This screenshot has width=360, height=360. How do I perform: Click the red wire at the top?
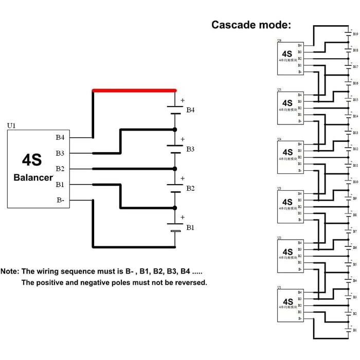click(134, 91)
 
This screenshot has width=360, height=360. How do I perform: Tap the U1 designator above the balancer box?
click(11, 125)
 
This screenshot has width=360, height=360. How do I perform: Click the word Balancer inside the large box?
click(33, 178)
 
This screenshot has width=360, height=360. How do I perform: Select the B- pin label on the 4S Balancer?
click(60, 200)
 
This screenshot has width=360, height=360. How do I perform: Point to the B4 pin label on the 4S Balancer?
click(60, 137)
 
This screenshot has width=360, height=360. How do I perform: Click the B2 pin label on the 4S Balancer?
click(60, 169)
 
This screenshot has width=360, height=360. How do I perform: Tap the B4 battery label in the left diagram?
click(191, 110)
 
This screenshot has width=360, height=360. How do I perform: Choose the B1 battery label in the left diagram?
click(190, 227)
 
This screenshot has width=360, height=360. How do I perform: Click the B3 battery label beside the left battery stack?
click(191, 149)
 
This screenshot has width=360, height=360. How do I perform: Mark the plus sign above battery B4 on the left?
click(182, 100)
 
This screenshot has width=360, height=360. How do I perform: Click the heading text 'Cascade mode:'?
click(251, 25)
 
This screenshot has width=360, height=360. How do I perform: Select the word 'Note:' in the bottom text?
click(10, 271)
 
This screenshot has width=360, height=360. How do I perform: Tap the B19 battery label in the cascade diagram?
click(355, 34)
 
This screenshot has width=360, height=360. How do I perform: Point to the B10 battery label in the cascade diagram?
click(355, 182)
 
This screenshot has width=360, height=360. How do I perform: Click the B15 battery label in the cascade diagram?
click(355, 100)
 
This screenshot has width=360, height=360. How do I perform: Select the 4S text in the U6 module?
click(287, 53)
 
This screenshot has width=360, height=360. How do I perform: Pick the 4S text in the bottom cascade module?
click(287, 301)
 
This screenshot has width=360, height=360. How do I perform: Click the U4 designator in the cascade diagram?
click(279, 139)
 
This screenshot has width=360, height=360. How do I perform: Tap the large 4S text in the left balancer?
click(32, 160)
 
